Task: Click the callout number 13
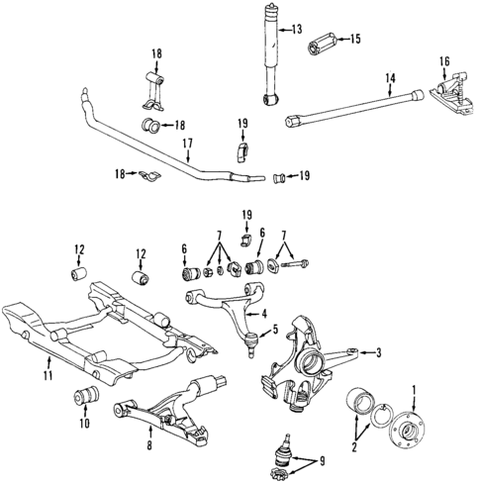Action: tap(296, 30)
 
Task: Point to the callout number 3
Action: tap(376, 351)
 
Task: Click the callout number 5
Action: tap(276, 330)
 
